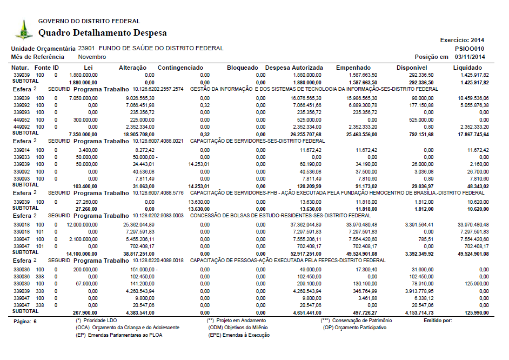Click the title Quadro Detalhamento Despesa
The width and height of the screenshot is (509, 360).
tap(103, 33)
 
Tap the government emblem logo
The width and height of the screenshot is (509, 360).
tap(23, 29)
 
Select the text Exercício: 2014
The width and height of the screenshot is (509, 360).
tap(463, 40)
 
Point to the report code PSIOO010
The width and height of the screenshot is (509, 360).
tap(470, 48)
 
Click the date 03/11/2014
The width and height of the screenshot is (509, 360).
tap(470, 57)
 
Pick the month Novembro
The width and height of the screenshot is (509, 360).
tap(92, 57)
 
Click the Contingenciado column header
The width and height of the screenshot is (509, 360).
tap(180, 68)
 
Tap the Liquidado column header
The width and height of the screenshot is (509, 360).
tap(471, 68)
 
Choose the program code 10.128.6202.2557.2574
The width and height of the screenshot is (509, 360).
tap(158, 89)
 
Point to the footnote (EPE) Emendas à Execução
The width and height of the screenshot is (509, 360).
tap(239, 335)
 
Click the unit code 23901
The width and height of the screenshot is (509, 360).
tap(86, 48)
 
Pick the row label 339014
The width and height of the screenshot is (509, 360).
tap(22, 149)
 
